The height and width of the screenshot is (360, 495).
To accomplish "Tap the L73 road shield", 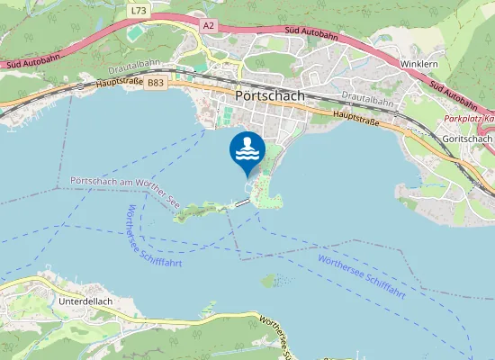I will (x=138, y=11).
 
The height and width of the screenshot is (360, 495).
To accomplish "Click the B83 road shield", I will (x=156, y=83).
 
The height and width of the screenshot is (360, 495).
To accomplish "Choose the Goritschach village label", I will (x=467, y=139).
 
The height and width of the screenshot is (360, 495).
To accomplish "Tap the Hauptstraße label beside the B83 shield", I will (x=117, y=85).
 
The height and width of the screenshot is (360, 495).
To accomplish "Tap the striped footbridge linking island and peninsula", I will (x=241, y=202).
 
